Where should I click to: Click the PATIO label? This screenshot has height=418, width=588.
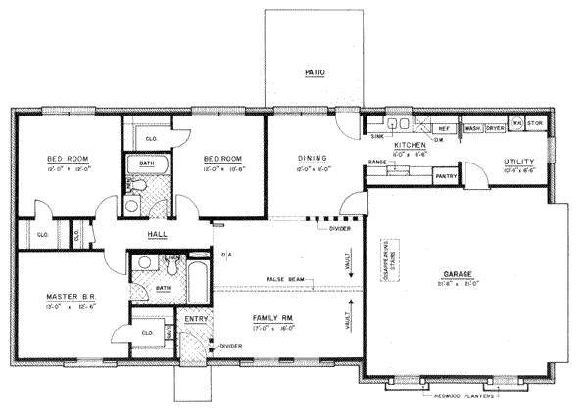click(314, 72)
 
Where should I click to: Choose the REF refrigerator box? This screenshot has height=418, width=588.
click(443, 128)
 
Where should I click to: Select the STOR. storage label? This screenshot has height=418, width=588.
click(534, 125)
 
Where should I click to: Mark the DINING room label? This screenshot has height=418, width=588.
click(313, 158)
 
